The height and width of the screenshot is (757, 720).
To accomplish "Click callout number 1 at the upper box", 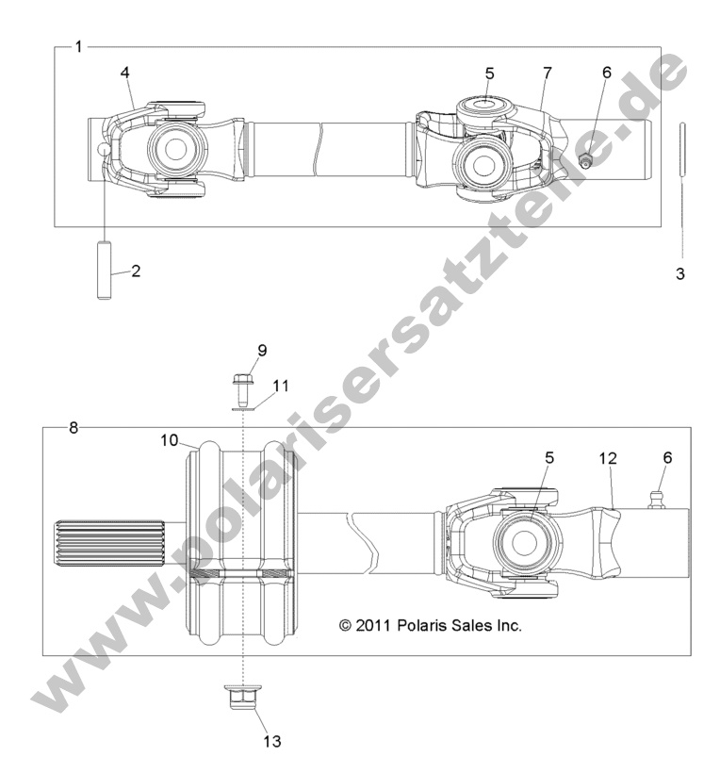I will click(x=78, y=45).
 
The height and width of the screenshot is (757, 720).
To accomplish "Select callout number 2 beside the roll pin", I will click(x=136, y=271).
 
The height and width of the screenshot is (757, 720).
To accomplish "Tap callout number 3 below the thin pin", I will click(x=679, y=274).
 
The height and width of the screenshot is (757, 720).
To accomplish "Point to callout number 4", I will click(x=125, y=73).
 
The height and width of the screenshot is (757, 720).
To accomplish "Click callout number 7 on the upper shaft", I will click(x=546, y=73).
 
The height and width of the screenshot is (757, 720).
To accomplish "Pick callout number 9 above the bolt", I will click(x=262, y=350).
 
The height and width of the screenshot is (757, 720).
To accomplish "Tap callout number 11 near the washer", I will click(x=282, y=385).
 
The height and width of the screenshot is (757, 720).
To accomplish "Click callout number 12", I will click(x=610, y=458).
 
